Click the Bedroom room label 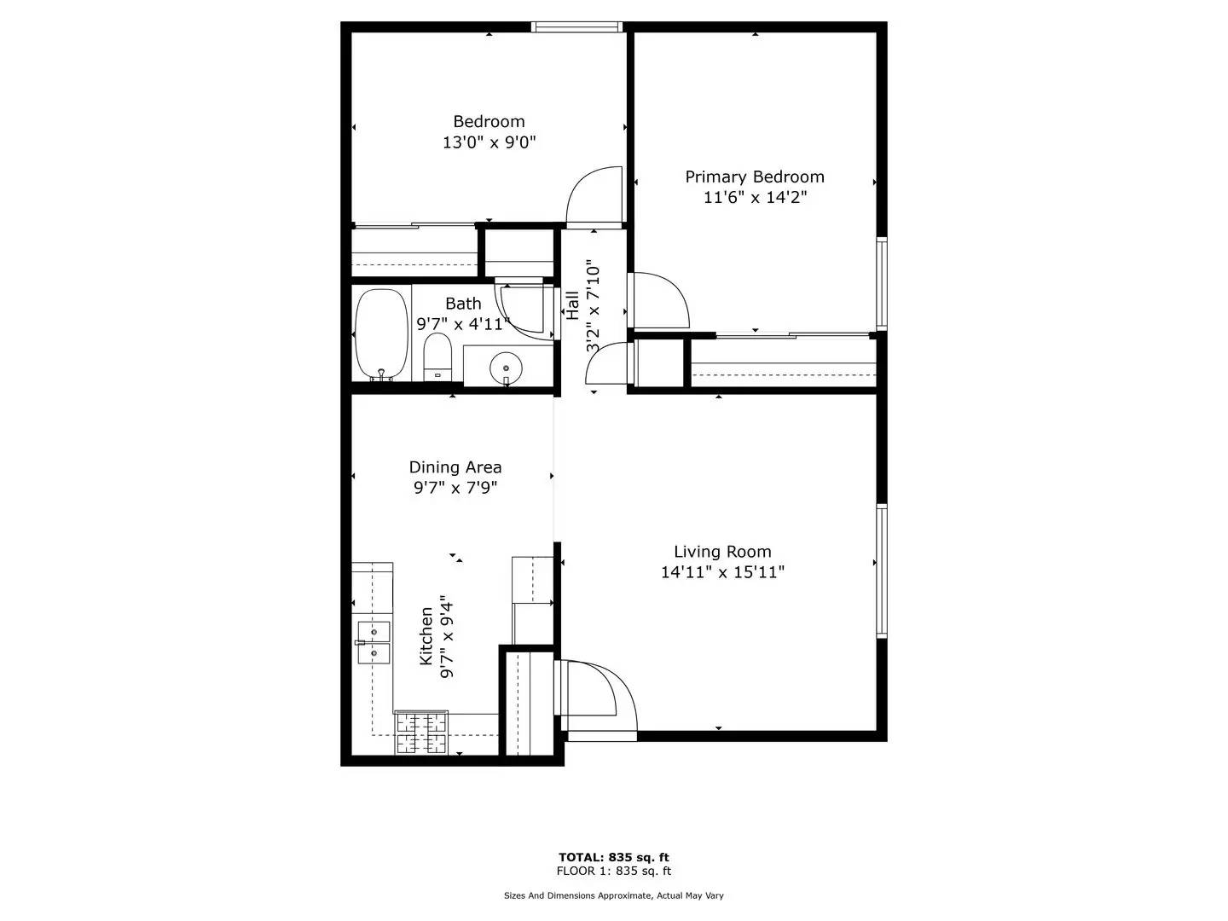point(489,122)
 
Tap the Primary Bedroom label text point(755,177)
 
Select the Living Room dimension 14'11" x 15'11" point(722,572)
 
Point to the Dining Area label point(455,467)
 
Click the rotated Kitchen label point(426,636)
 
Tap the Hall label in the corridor point(572,305)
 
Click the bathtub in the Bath point(380,334)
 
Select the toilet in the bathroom point(437,356)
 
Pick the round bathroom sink point(507,368)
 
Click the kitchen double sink point(374,642)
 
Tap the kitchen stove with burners point(421,733)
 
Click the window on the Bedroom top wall point(576,27)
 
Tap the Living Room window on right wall point(882,571)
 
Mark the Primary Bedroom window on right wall point(882,284)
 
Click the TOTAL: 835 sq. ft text point(613,857)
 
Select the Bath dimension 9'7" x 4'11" point(463,324)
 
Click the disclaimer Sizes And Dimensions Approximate point(613,895)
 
